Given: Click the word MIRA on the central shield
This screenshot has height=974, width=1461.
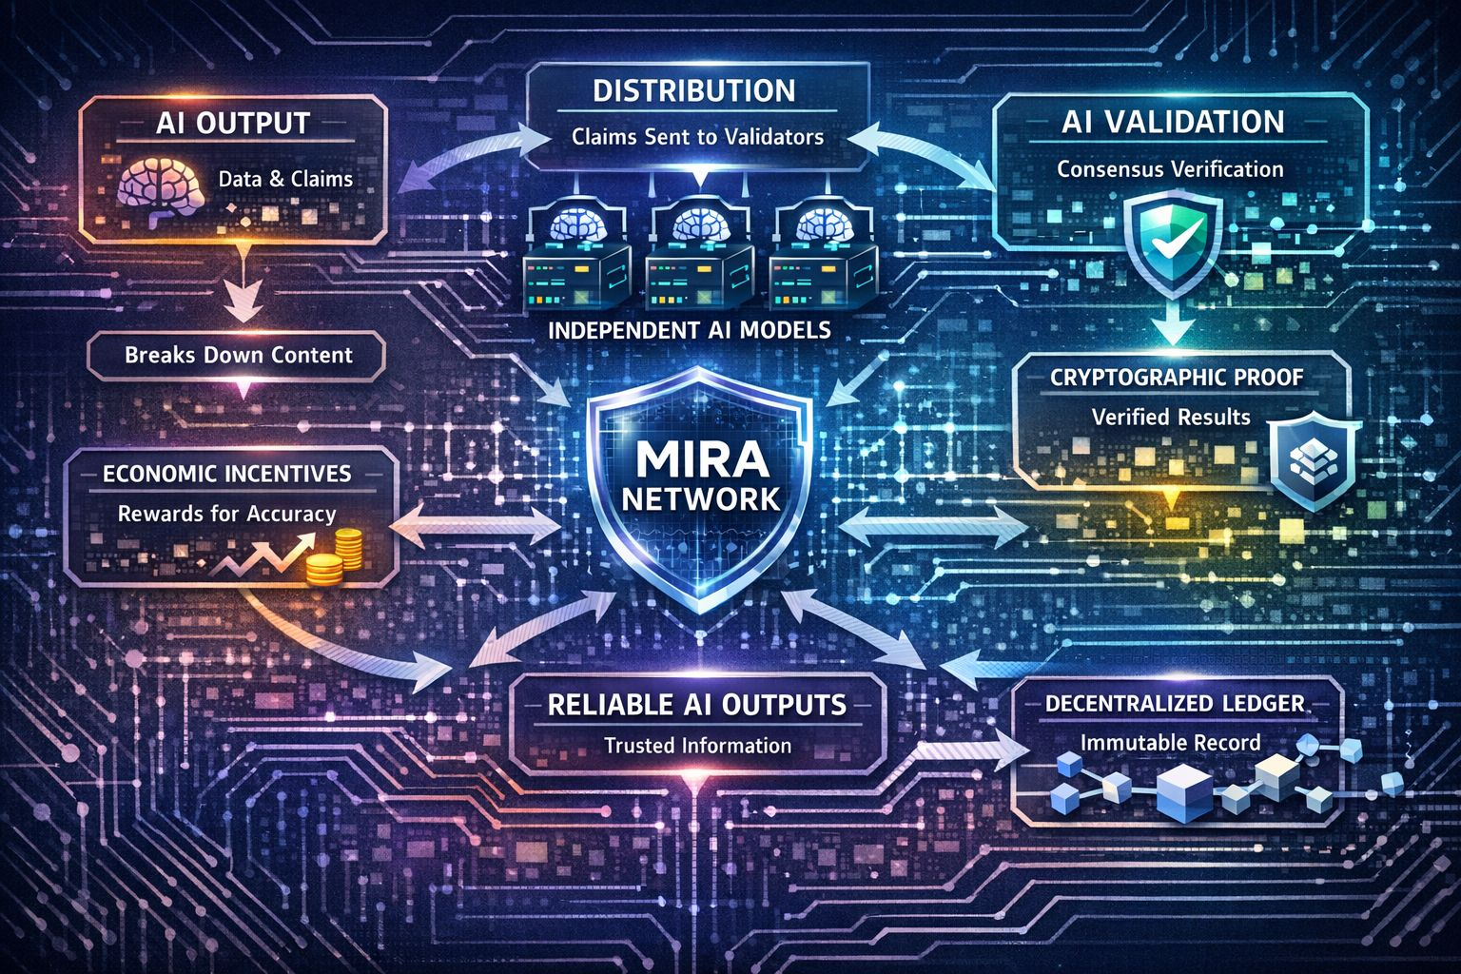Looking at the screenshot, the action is (701, 459).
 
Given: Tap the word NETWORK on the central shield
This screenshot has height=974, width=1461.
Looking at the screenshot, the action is (701, 498).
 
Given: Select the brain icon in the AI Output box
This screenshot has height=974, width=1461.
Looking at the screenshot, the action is (156, 190).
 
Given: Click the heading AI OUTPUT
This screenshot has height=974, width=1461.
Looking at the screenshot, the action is (234, 124).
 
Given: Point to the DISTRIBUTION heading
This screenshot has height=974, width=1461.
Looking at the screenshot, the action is (694, 91).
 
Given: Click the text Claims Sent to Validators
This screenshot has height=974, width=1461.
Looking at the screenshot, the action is (697, 137).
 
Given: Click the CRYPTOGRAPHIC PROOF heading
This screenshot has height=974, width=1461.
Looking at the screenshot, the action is (1177, 377).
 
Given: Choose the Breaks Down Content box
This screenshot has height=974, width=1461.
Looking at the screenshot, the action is (238, 356).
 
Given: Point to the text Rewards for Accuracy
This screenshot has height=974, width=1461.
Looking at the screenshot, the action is (226, 514).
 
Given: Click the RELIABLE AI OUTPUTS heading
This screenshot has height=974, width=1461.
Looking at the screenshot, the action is (696, 704).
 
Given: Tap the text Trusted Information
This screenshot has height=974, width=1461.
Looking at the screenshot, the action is (697, 746).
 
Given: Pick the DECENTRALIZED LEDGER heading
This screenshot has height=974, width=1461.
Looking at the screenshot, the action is (1174, 704).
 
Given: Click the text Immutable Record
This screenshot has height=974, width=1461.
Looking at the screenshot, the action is (1170, 742).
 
